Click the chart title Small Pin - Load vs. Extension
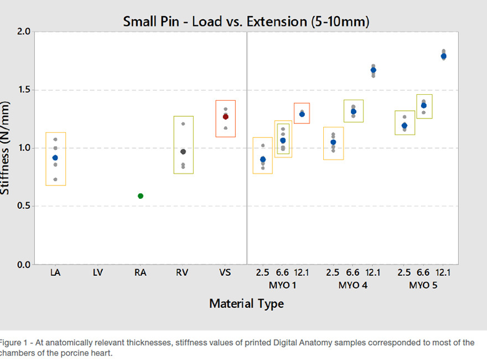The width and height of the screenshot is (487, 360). pos(246,22)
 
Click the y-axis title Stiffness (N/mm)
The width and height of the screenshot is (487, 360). pos(6,148)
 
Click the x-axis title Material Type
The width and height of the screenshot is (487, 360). pos(246,304)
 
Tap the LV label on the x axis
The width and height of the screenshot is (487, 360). pos(97,272)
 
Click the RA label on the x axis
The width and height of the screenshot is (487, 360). pos(141,272)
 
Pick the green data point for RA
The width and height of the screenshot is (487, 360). pos(141,196)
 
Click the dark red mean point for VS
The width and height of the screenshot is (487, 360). pos(226,117)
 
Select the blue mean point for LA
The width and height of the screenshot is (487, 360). pos(55,158)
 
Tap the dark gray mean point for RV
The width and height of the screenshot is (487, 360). pos(183,152)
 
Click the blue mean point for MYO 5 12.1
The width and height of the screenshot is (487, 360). pos(443,56)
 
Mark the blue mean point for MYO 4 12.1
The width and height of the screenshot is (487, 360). pos(373,70)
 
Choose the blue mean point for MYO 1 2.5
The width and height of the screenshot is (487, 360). pos(263,160)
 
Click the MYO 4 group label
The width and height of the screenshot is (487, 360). pos(353,285)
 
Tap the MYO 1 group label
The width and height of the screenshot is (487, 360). pos(282,285)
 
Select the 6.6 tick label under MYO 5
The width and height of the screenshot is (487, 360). pos(423,272)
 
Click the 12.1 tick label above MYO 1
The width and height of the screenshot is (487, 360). pos(302,272)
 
